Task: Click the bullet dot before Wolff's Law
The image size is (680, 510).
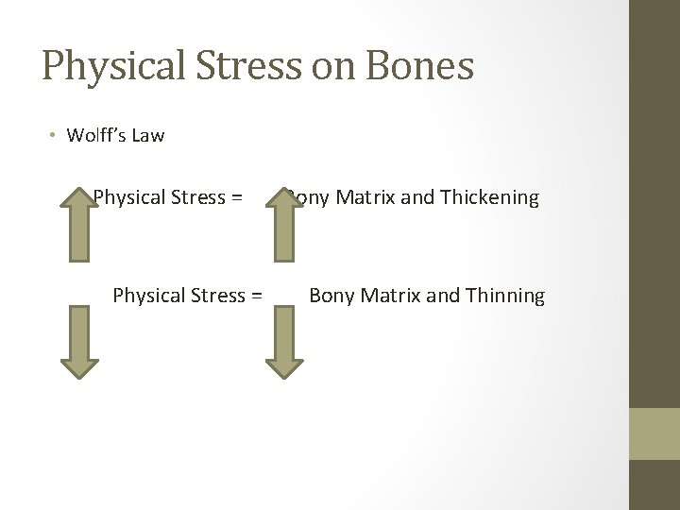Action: pos(55,135)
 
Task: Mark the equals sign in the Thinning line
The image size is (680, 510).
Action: pos(255,296)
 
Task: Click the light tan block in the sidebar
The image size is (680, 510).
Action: pos(654,433)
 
